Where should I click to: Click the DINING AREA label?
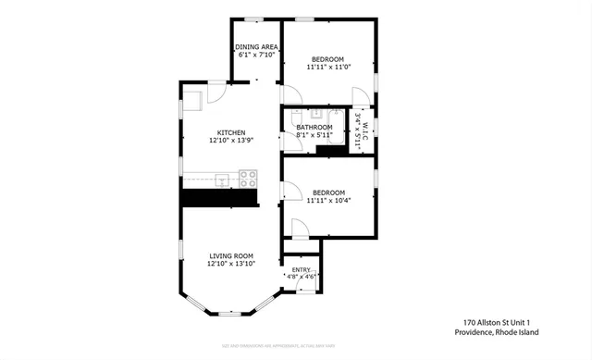pyautogui.click(x=256, y=46)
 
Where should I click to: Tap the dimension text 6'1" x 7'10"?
pyautogui.click(x=256, y=55)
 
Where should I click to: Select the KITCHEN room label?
pyautogui.click(x=225, y=131)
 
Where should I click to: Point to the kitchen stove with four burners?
pyautogui.click(x=247, y=178)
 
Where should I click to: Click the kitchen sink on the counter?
pyautogui.click(x=222, y=178)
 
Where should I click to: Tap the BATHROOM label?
pyautogui.click(x=314, y=127)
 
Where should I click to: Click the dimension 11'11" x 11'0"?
pyautogui.click(x=328, y=67)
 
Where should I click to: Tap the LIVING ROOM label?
pyautogui.click(x=230, y=255)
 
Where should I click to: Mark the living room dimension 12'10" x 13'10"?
pyautogui.click(x=230, y=264)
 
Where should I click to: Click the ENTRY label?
pyautogui.click(x=302, y=269)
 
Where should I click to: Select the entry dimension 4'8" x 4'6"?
pyautogui.click(x=302, y=277)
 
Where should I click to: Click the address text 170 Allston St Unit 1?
pyautogui.click(x=500, y=323)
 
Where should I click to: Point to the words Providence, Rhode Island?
pyautogui.click(x=500, y=332)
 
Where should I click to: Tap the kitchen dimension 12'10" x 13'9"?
pyautogui.click(x=225, y=140)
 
